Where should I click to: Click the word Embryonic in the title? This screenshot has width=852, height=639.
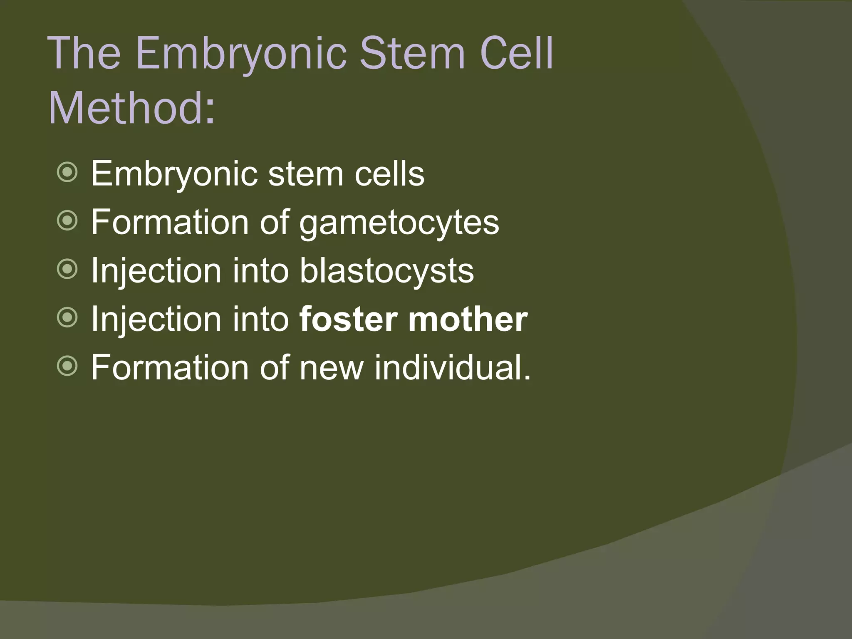pos(241,54)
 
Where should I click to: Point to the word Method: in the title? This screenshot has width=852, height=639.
pos(132,108)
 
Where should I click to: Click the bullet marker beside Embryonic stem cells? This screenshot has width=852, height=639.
pos(67,172)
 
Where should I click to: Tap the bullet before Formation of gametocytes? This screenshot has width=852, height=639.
pos(67,221)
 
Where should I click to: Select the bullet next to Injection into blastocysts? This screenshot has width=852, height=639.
pos(67,270)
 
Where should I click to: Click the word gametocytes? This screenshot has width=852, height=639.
pos(399,223)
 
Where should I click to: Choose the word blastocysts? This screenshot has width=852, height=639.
pos(386,271)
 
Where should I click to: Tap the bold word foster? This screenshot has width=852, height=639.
pos(349,319)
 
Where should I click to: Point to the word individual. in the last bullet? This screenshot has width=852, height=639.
pos(453,368)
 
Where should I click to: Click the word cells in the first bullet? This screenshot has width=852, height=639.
pos(389,174)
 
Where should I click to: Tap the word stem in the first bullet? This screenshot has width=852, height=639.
pos(306,175)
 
